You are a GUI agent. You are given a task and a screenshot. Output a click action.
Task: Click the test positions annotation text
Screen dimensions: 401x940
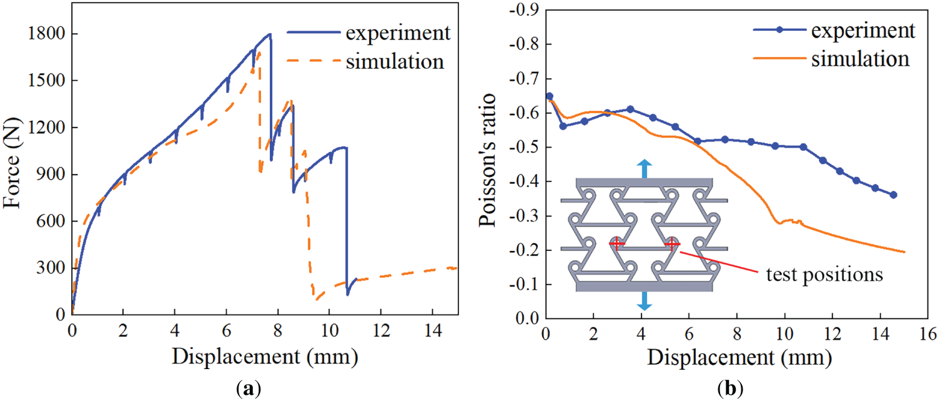pos(824,275)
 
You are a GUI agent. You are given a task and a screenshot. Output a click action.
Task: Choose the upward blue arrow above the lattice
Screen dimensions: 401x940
pos(645,168)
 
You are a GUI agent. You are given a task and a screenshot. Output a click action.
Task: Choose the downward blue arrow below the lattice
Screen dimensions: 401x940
pos(645,302)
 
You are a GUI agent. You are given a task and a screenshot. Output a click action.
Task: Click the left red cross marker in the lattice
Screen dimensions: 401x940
pos(616,243)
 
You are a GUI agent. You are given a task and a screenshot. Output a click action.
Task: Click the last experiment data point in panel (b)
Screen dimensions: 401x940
pos(893,195)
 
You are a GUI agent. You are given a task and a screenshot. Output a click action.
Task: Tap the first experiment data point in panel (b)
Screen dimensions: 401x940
pos(549,96)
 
